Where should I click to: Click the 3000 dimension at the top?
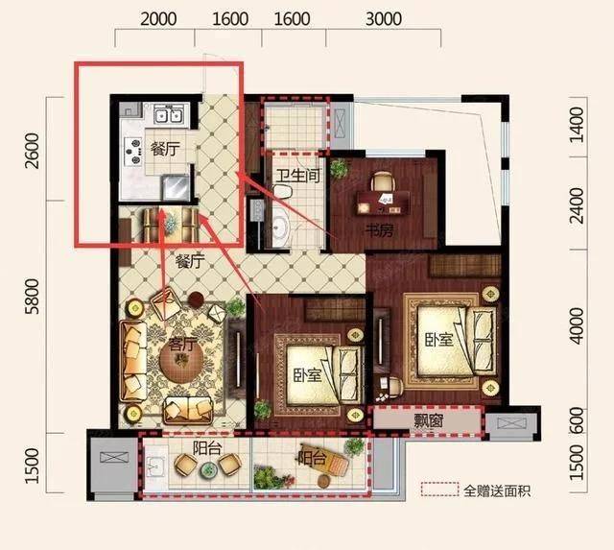click(384, 19)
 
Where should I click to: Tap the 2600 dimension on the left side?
click(32, 151)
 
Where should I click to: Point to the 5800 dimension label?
click(32, 297)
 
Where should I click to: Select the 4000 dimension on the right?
click(577, 326)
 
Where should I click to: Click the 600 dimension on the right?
click(577, 420)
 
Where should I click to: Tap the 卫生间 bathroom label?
click(298, 176)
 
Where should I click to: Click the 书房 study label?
click(379, 231)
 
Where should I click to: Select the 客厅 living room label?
click(181, 345)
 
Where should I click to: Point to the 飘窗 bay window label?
click(429, 421)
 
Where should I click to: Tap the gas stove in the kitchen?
click(133, 151)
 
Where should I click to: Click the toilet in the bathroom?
click(282, 191)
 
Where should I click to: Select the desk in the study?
click(383, 203)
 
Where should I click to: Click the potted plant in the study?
click(339, 168)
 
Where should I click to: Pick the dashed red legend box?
click(439, 490)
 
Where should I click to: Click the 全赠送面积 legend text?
click(497, 490)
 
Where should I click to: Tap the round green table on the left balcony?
click(207, 470)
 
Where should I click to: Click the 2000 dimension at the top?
click(158, 19)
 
